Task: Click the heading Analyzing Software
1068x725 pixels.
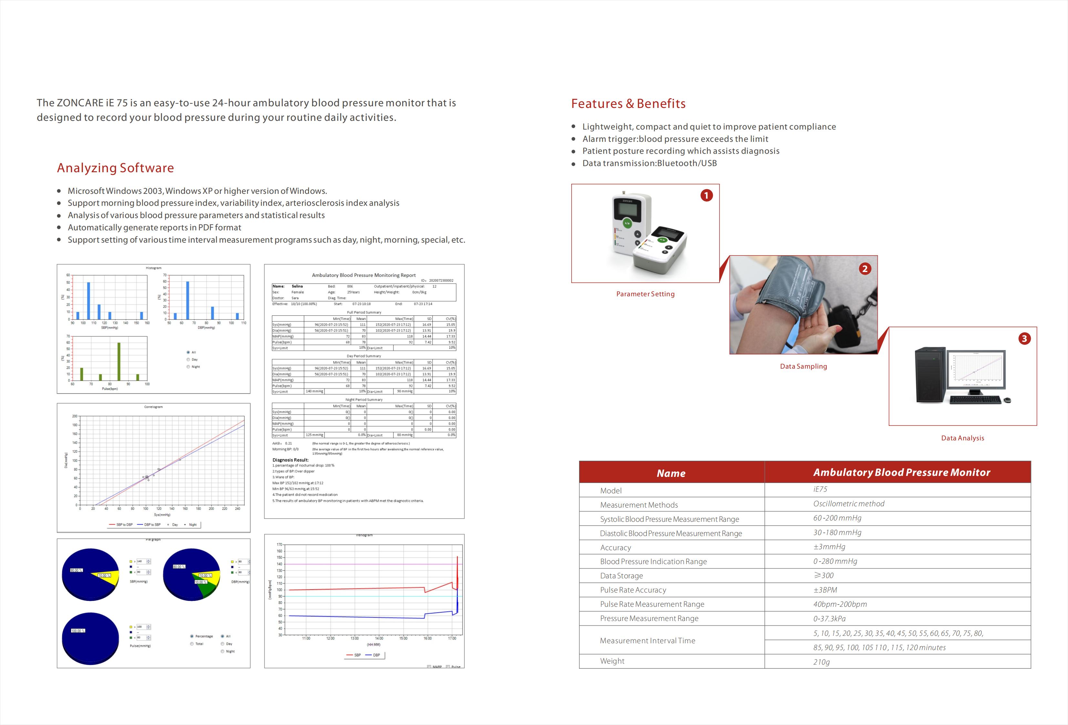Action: [115, 168]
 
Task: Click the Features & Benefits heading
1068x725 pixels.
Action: [628, 103]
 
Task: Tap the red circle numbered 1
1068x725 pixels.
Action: [706, 195]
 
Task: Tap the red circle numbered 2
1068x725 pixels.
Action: [865, 268]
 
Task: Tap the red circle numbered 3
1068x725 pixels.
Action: [1024, 339]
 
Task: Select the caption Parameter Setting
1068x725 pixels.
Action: [645, 294]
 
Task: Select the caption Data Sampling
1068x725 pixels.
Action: [803, 366]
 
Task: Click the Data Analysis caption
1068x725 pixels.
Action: [962, 438]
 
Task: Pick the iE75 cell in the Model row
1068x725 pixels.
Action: [820, 489]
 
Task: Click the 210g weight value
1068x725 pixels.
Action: [821, 662]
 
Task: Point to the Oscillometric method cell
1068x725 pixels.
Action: [848, 504]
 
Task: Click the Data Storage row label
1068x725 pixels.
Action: [621, 576]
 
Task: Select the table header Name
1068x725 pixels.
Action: [671, 473]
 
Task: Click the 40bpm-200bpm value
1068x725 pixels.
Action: [840, 604]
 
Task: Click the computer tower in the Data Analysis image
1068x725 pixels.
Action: [930, 375]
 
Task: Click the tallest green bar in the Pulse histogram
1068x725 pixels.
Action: [119, 362]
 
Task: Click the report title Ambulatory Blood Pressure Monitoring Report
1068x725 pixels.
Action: [364, 275]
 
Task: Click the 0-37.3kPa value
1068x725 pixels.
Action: [829, 619]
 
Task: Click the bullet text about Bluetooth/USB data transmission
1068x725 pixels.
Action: [649, 163]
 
